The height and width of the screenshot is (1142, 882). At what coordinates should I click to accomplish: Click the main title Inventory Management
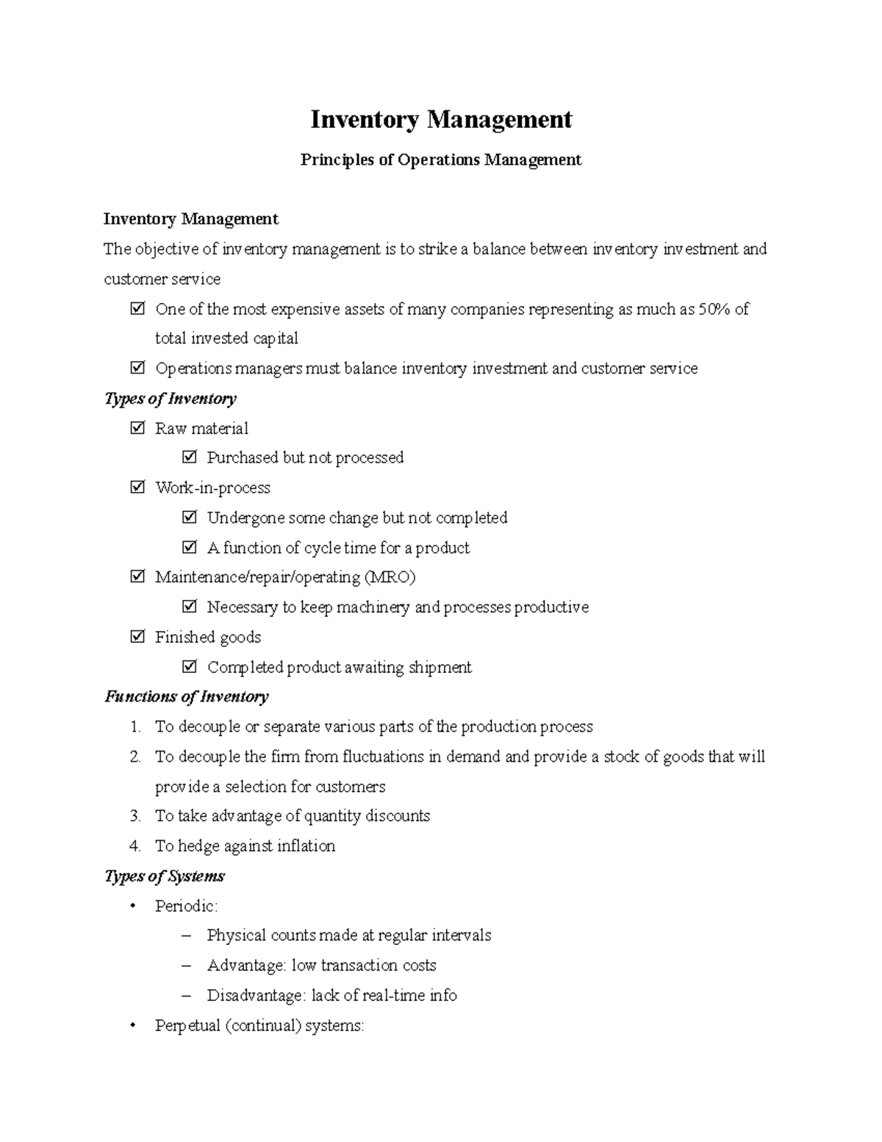(441, 119)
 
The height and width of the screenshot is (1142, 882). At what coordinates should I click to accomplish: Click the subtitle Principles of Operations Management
(441, 160)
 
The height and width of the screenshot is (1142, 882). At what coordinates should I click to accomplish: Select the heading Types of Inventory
(171, 399)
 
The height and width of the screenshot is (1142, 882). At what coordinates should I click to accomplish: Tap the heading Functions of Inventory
(187, 696)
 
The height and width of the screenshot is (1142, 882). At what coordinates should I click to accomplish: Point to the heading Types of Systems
(165, 876)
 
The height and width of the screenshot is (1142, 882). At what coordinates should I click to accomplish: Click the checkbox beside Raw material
(137, 428)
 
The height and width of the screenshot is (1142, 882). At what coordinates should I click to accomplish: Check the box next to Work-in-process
(137, 488)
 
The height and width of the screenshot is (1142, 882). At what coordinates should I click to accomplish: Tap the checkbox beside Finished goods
(137, 637)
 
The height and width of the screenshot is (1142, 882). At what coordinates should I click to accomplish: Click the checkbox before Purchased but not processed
(190, 457)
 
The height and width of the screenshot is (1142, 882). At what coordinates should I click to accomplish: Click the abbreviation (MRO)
(390, 577)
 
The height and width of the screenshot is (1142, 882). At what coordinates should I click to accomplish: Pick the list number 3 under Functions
(135, 816)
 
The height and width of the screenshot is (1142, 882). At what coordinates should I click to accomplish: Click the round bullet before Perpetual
(133, 1026)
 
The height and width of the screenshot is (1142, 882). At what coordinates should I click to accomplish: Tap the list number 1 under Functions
(135, 727)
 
